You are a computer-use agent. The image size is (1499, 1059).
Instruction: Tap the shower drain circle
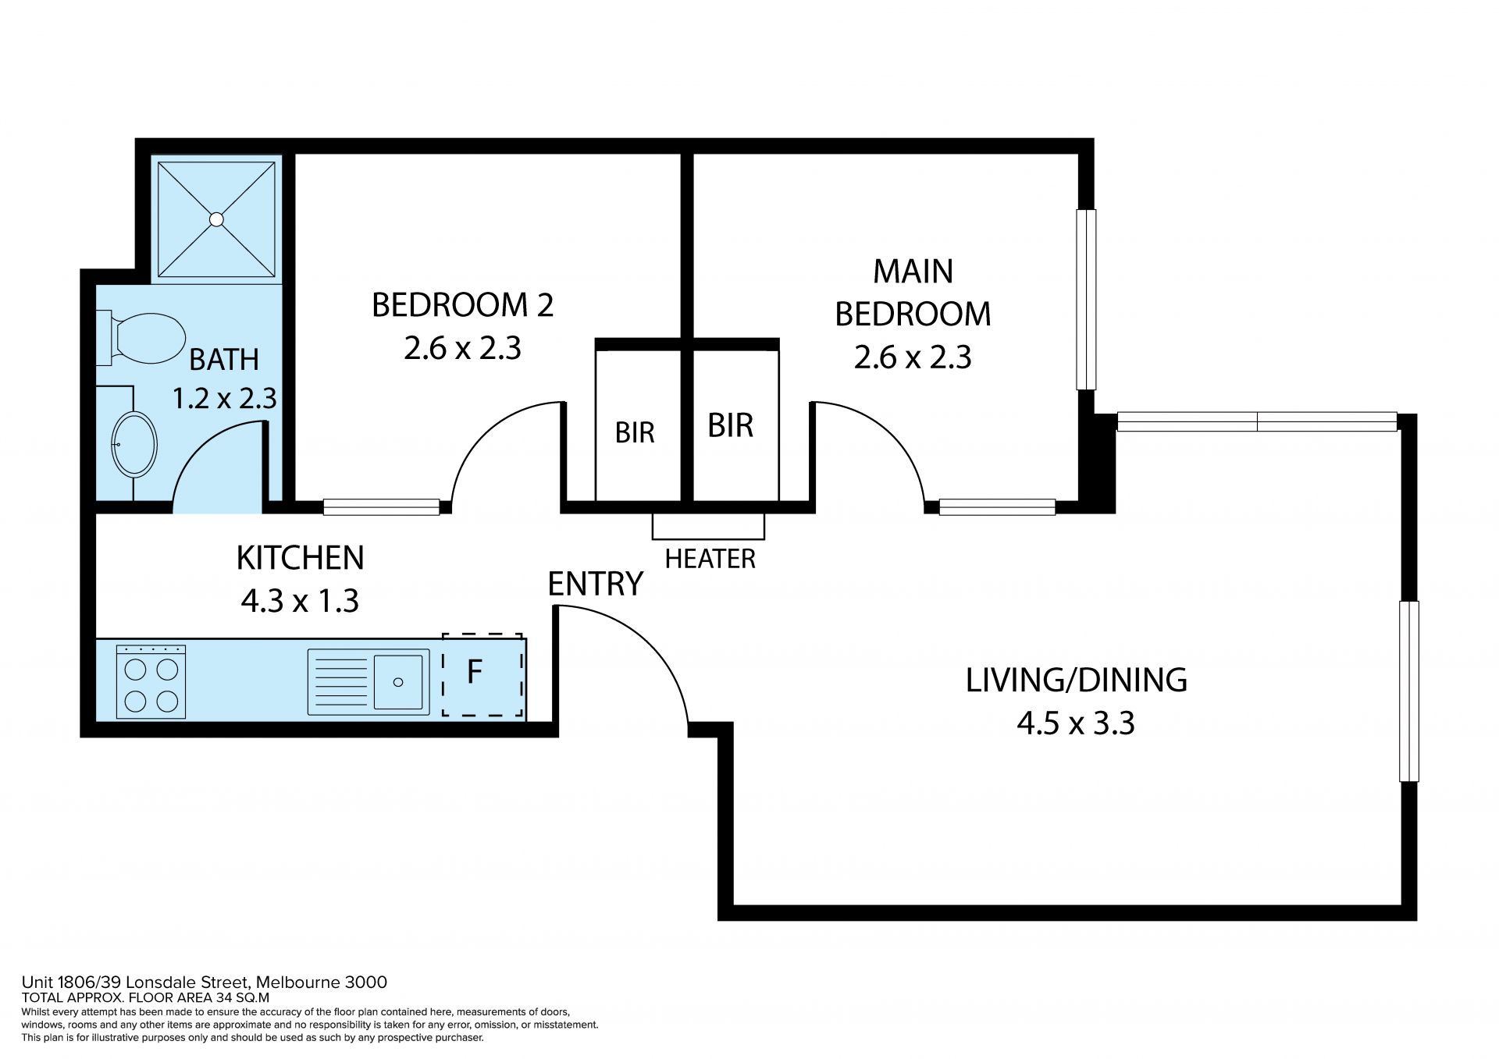coord(216,219)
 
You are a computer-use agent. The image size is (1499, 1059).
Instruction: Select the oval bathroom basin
coord(134,444)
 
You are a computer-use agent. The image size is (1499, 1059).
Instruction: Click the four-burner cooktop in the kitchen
coord(151,681)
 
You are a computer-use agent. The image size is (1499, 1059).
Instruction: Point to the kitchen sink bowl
coord(398,681)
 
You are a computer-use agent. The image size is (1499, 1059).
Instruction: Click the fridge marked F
coord(482,674)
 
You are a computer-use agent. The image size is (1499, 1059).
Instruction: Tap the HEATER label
coord(710,559)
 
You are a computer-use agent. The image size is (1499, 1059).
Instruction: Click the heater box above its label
coord(708,527)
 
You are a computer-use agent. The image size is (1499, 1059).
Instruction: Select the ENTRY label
coord(595,584)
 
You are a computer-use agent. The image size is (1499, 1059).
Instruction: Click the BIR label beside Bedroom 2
coord(635,432)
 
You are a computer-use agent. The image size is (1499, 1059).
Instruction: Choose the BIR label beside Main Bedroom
coord(730,425)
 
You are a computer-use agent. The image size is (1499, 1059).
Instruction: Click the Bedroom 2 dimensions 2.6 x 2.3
coord(462,348)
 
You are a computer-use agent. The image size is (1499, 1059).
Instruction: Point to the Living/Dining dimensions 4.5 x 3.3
coord(1075,723)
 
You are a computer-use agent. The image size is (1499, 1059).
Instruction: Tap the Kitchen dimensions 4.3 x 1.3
coord(300,601)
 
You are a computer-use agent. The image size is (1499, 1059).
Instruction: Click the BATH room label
coord(224,360)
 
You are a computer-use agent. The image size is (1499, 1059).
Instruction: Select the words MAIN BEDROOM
coord(913,293)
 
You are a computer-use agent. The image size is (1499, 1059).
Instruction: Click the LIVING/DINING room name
coord(1076,680)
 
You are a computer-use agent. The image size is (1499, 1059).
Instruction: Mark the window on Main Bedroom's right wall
coord(1086,300)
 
